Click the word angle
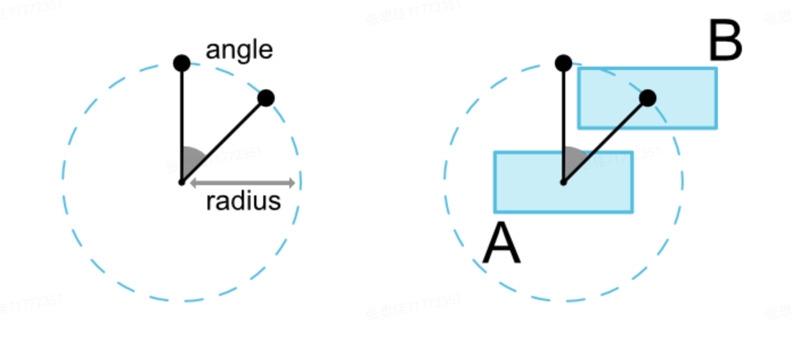pos(239,51)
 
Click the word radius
pos(243,201)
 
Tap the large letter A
pos(501,246)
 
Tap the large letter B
pos(725,41)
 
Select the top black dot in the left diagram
pos(182,63)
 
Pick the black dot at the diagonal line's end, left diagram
pos(266,98)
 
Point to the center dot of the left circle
pos(181,182)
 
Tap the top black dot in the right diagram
pos(564,63)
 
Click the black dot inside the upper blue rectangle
pos(647,98)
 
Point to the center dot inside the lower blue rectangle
pos(563,182)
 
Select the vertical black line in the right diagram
pos(564,114)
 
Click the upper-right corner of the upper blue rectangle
pos(716,69)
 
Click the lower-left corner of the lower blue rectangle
pos(495,211)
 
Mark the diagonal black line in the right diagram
pos(605,140)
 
